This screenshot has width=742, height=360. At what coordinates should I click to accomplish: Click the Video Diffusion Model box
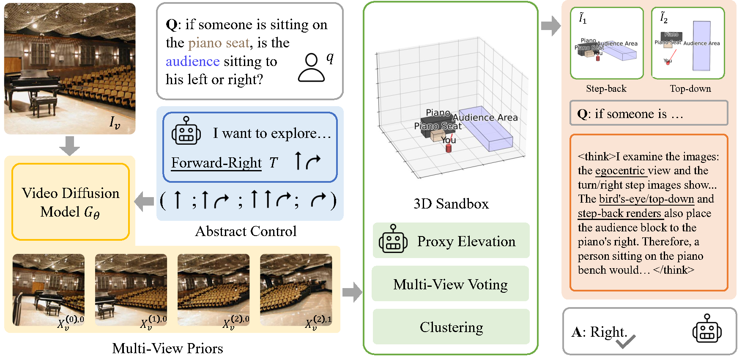pyautogui.click(x=71, y=202)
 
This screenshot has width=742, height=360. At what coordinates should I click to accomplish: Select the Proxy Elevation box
pyautogui.click(x=451, y=241)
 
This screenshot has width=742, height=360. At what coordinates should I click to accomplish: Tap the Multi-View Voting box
pyautogui.click(x=450, y=284)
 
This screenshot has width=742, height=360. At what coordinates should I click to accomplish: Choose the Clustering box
pyautogui.click(x=451, y=327)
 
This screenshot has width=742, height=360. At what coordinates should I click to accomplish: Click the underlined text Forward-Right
pyautogui.click(x=216, y=162)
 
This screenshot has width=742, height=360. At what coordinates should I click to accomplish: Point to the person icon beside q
pyautogui.click(x=311, y=68)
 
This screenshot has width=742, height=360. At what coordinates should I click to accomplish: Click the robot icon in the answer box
pyautogui.click(x=707, y=328)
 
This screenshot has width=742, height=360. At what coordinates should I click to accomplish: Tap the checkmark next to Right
pyautogui.click(x=625, y=341)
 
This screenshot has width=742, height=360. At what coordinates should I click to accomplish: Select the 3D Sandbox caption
pyautogui.click(x=451, y=204)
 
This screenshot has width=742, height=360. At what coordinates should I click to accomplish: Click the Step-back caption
pyautogui.click(x=606, y=88)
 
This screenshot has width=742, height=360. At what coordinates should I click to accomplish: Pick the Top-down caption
pyautogui.click(x=690, y=88)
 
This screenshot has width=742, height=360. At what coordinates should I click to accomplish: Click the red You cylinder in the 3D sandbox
pyautogui.click(x=449, y=148)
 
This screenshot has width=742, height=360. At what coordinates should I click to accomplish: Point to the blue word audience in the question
pyautogui.click(x=192, y=61)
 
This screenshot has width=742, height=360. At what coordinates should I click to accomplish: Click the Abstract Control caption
pyautogui.click(x=246, y=231)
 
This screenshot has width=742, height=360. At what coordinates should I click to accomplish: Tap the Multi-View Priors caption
pyautogui.click(x=167, y=348)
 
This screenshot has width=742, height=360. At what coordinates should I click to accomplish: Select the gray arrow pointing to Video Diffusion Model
pyautogui.click(x=144, y=201)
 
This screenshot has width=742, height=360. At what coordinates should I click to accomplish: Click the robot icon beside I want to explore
pyautogui.click(x=186, y=132)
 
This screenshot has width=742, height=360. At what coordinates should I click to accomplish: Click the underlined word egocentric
pyautogui.click(x=620, y=170)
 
